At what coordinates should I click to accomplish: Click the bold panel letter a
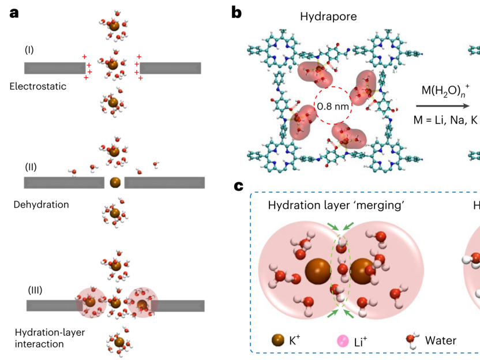click(14, 13)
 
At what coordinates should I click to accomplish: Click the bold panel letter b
click(237, 13)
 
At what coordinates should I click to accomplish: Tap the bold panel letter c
click(238, 186)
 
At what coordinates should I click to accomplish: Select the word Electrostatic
click(38, 87)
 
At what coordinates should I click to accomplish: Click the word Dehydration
click(42, 204)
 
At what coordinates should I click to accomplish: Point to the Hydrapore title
click(328, 17)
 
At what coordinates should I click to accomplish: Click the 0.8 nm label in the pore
click(333, 106)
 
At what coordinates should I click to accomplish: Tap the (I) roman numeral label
click(29, 50)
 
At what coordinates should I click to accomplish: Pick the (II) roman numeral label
click(31, 167)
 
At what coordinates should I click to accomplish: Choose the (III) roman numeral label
click(35, 290)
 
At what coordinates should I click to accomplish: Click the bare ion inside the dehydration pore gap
click(115, 182)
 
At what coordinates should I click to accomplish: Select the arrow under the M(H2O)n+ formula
click(442, 106)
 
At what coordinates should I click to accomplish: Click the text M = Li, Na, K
click(445, 120)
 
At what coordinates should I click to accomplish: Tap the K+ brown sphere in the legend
click(278, 340)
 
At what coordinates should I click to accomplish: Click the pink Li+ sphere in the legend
click(343, 341)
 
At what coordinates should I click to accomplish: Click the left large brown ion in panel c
click(318, 271)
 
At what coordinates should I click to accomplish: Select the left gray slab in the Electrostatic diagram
click(55, 68)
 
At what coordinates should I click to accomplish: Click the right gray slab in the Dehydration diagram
click(164, 182)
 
